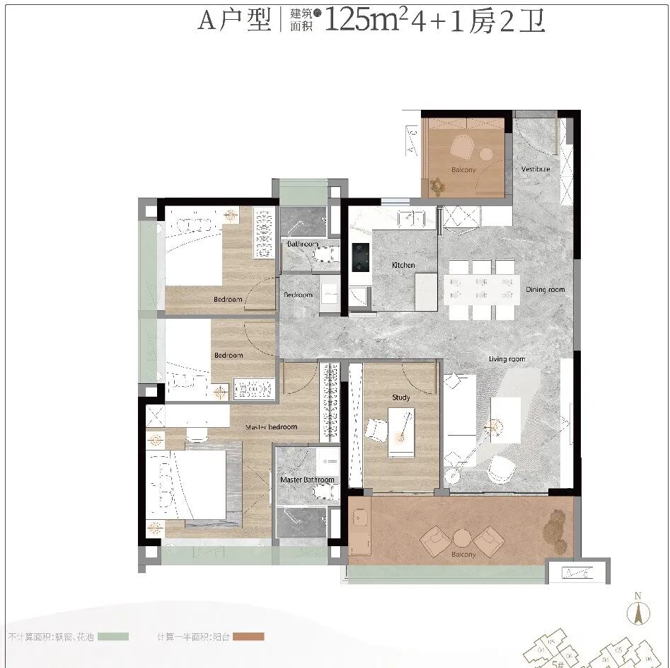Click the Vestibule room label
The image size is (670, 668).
[x=536, y=169]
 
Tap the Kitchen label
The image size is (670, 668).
[x=404, y=265]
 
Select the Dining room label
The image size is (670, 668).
[x=545, y=289]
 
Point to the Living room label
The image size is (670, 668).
[x=507, y=359]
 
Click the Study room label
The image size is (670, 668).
[x=401, y=397]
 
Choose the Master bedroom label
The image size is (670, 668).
[x=271, y=427]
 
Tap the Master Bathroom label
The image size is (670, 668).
[x=307, y=480]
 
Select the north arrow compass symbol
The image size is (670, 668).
[x=638, y=611]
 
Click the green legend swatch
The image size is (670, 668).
[x=113, y=637]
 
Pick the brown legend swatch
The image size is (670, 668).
[x=248, y=637]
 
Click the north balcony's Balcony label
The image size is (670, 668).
[x=463, y=170]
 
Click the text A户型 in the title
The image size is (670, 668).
[x=234, y=21]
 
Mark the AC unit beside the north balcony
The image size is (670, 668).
[x=412, y=140]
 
